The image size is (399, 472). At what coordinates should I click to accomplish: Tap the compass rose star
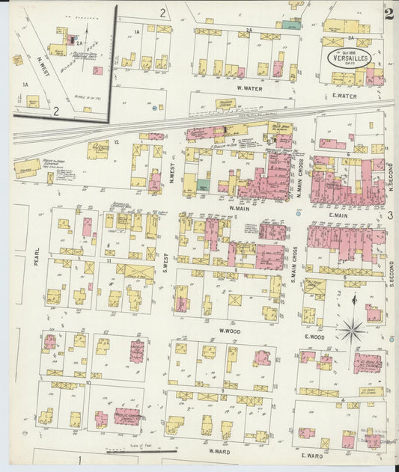pos(352,328)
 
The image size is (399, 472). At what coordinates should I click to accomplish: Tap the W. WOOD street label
pos(228,330)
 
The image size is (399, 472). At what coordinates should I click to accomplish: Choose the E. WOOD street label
pos(314,338)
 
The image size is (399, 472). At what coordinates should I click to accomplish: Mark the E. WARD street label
pos(311,455)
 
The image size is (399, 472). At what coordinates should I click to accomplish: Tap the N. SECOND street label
pos(390,177)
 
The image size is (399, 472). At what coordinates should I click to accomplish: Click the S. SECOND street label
pos(390,273)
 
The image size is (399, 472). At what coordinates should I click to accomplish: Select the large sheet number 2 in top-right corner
pos(389,13)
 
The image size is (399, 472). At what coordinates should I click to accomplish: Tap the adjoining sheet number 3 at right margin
pos(390,215)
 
